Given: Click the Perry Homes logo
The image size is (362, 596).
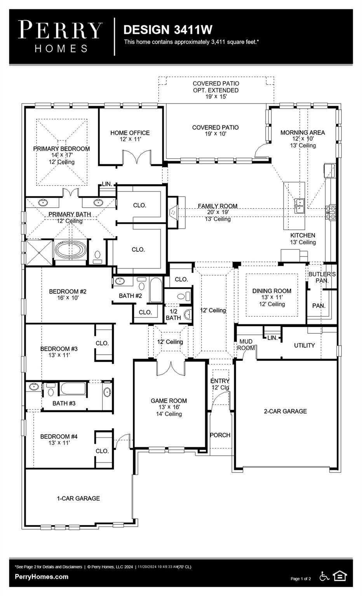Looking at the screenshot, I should [x=60, y=36].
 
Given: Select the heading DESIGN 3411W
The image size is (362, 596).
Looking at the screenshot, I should [x=168, y=29].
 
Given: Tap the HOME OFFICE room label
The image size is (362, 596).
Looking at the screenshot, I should [x=130, y=133].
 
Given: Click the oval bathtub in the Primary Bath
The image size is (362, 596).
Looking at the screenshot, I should [x=70, y=250].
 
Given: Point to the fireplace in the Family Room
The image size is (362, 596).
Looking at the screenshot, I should [x=173, y=212].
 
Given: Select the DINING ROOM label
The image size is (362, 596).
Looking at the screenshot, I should [x=271, y=291].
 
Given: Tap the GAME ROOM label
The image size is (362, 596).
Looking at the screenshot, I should [x=169, y=401].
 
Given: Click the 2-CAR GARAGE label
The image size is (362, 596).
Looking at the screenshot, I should [x=285, y=411].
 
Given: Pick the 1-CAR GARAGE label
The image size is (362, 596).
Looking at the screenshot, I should [x=78, y=498].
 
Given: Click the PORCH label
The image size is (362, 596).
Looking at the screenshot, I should [x=220, y=435].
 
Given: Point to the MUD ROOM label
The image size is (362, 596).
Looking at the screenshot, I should [x=246, y=345].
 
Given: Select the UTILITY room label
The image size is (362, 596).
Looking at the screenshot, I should [x=304, y=345].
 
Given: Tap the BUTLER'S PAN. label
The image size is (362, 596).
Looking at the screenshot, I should [x=322, y=277].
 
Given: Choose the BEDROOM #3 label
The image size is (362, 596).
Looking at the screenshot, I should [x=59, y=349].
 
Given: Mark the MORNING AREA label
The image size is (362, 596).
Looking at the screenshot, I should [x=303, y=133].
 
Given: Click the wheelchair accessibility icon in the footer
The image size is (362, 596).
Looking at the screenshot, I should [x=324, y=576].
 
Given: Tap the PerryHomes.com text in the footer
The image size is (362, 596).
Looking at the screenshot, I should [x=42, y=577].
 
